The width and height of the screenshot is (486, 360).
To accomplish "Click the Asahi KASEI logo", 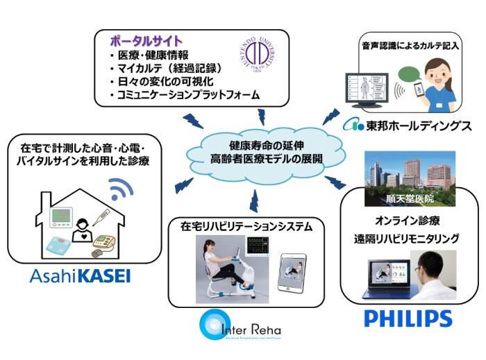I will (x=80, y=277).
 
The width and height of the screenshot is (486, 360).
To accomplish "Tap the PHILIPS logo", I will (x=408, y=318).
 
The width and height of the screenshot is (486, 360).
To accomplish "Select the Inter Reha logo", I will (x=240, y=327).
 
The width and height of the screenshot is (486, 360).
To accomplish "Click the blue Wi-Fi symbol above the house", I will (x=123, y=189).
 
